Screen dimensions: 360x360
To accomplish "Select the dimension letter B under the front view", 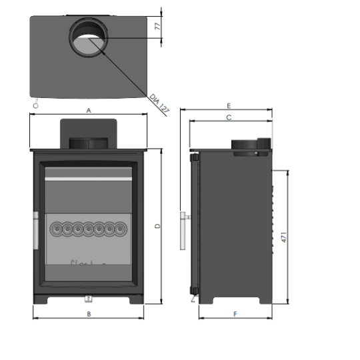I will click(88, 314).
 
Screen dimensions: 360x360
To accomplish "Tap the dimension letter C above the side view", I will click(229, 117).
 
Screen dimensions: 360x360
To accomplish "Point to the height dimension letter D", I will click(158, 226).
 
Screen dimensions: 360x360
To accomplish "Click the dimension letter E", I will click(229, 106).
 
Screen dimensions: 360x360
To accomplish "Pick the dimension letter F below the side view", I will click(235, 313).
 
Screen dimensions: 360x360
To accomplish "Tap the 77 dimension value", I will click(158, 27).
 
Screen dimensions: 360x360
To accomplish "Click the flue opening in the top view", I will click(89, 37).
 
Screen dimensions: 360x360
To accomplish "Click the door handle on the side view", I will click(182, 229).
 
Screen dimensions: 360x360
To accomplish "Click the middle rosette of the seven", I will click(89, 229).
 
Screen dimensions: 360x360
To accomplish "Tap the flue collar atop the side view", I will click(251, 146).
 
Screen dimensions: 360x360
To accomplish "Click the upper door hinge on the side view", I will click(193, 159).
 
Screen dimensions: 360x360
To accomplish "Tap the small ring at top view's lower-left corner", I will click(37, 105).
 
